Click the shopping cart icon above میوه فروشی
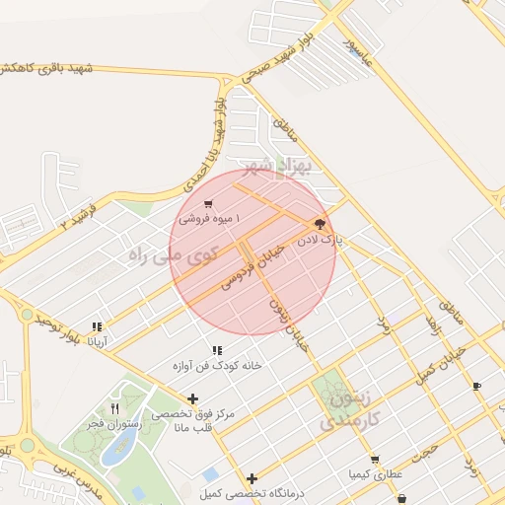(207, 204)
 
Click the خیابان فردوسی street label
(251, 267)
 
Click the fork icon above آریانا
(97, 326)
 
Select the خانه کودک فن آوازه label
(217, 365)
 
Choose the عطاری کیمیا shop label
(375, 474)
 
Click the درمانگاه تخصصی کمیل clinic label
(251, 492)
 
